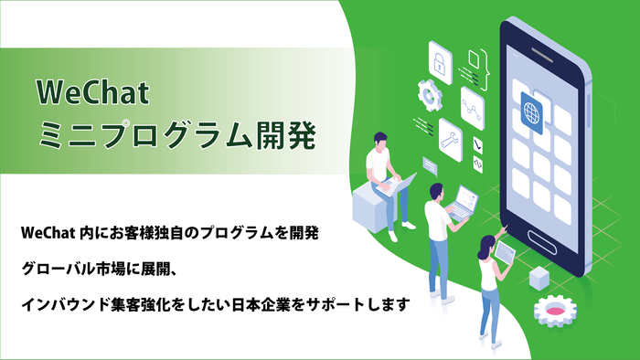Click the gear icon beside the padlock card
point(428,94)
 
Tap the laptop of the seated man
point(402,184)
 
